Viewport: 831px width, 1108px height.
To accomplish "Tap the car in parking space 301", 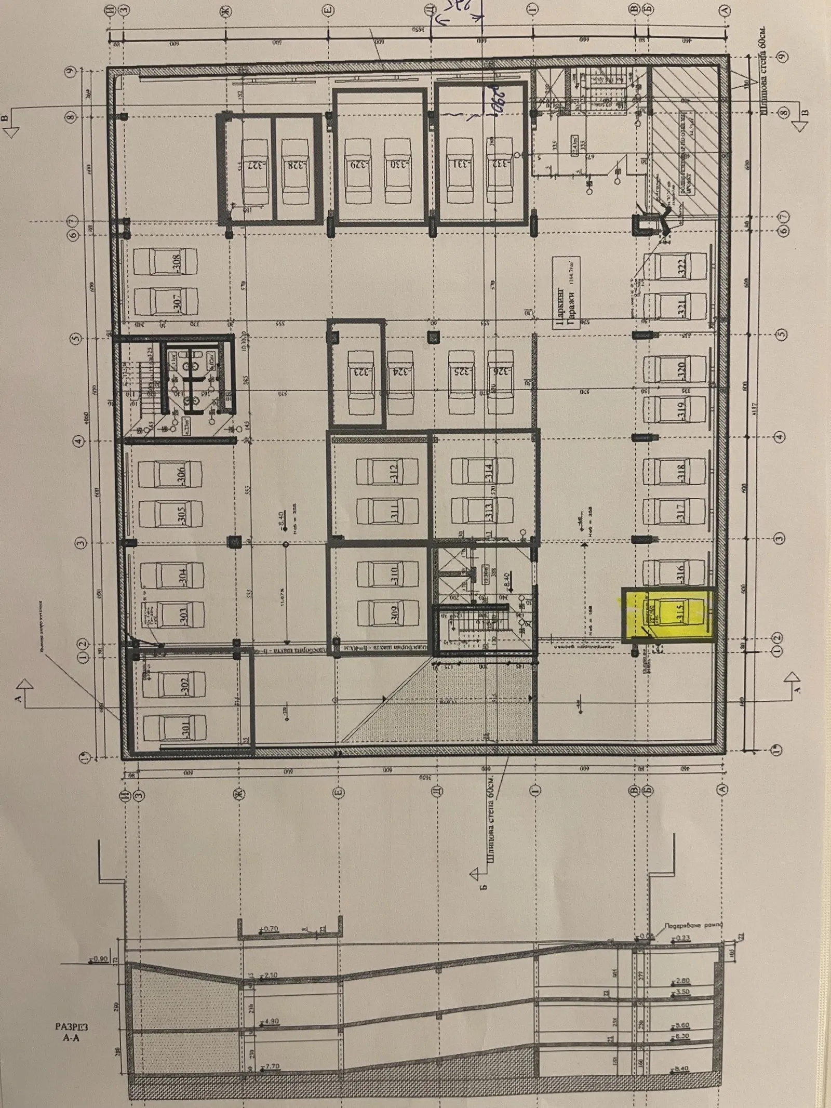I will (174, 730).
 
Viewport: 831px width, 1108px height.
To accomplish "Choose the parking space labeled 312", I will (387, 472).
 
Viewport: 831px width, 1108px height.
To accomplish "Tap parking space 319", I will (675, 411).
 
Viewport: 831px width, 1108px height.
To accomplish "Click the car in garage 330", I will (397, 165).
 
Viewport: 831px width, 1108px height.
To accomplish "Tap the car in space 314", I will (483, 472).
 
